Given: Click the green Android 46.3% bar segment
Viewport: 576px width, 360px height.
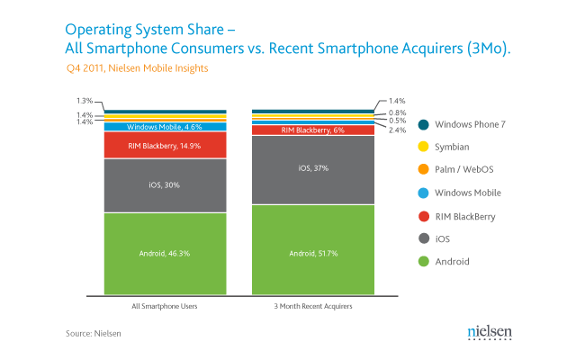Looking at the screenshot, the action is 166,254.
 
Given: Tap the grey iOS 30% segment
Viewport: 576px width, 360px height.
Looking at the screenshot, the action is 166,185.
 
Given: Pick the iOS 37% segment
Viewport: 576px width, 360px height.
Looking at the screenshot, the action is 313,170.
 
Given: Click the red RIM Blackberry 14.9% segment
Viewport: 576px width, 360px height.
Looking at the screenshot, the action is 166,145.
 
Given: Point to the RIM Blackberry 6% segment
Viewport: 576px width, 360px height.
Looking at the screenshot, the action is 313,130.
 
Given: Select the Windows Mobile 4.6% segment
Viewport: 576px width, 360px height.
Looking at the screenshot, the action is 166,127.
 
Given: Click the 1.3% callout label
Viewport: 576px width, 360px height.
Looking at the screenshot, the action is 85,101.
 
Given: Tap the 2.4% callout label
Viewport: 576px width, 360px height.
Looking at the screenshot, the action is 398,130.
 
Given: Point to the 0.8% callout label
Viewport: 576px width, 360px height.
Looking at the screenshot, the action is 398,112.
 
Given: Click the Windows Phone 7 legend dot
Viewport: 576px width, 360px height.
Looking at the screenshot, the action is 424,124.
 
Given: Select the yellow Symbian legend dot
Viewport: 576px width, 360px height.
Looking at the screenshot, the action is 424,147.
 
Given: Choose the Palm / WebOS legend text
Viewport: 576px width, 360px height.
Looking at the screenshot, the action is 464,169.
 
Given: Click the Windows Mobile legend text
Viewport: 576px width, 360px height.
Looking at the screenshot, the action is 468,193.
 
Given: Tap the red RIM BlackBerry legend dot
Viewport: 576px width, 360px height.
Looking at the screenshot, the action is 424,216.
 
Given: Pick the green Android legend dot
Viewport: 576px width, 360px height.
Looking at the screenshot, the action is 424,261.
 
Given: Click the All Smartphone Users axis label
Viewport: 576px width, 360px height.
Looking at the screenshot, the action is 165,306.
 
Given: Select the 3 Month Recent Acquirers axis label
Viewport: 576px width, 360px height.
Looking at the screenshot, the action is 313,306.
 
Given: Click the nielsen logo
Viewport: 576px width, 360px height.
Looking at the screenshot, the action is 490,332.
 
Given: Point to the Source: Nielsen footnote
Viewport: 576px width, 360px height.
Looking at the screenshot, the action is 94,334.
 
